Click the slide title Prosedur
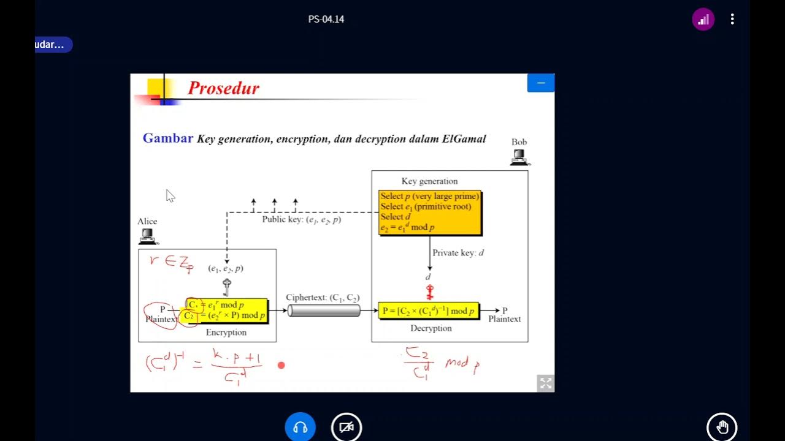(x=223, y=88)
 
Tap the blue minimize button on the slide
(x=540, y=83)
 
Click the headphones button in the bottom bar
(x=300, y=428)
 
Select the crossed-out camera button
(x=347, y=428)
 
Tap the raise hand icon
(x=722, y=427)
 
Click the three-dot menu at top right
(x=732, y=20)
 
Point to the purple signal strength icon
(x=703, y=20)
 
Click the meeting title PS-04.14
(x=326, y=20)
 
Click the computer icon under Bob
(x=519, y=158)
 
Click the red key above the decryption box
(x=429, y=292)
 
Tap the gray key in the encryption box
(x=227, y=287)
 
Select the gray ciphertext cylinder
(x=324, y=311)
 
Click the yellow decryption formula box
(x=428, y=311)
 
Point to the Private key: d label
(x=458, y=253)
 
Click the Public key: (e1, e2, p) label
(x=301, y=219)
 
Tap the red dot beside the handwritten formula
(x=281, y=366)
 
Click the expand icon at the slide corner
(x=545, y=383)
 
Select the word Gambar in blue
(x=167, y=138)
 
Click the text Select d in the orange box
(x=395, y=217)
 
